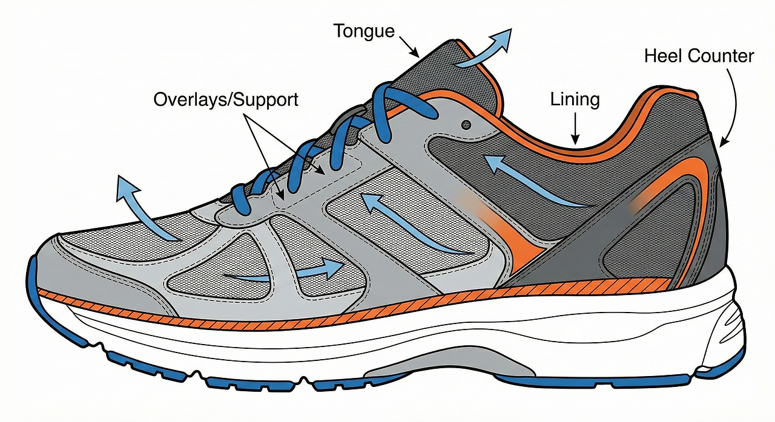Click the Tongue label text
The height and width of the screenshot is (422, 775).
tap(364, 31)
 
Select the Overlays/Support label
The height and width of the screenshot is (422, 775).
tap(226, 100)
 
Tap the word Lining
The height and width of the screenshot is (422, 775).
tap(575, 100)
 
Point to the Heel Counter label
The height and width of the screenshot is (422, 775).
tap(699, 57)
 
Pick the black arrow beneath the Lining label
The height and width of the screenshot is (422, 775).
tap(575, 129)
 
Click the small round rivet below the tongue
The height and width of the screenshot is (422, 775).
tap(465, 124)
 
